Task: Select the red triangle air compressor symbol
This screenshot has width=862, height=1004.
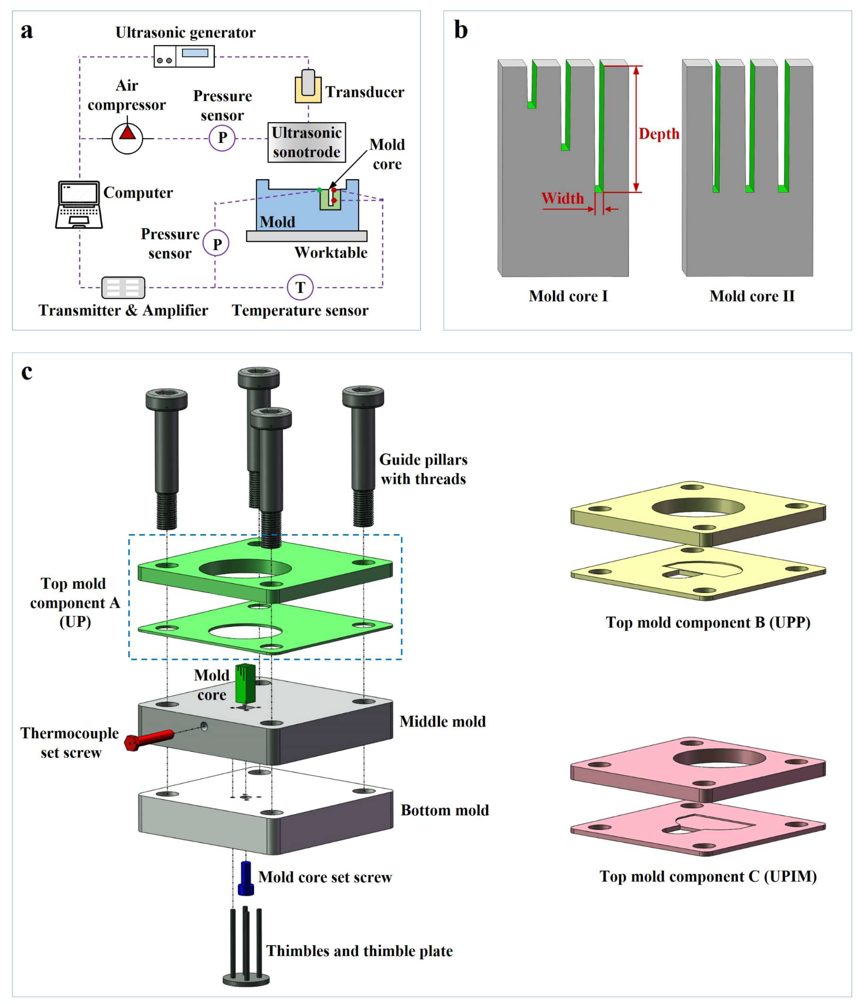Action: coord(127,132)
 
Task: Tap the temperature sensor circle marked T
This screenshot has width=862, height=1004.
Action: coord(300,287)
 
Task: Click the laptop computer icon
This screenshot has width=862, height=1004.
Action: coord(79,204)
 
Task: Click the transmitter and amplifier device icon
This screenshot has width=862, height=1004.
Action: coord(123,287)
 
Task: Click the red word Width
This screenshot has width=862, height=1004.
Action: coord(562,198)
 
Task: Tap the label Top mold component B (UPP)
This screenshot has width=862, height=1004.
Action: coord(708,622)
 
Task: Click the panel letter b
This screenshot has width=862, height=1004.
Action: coord(461,30)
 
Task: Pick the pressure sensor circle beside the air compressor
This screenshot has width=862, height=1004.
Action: coord(222,138)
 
